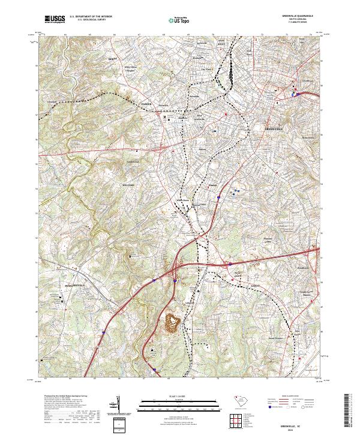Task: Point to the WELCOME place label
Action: pos(131,185)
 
